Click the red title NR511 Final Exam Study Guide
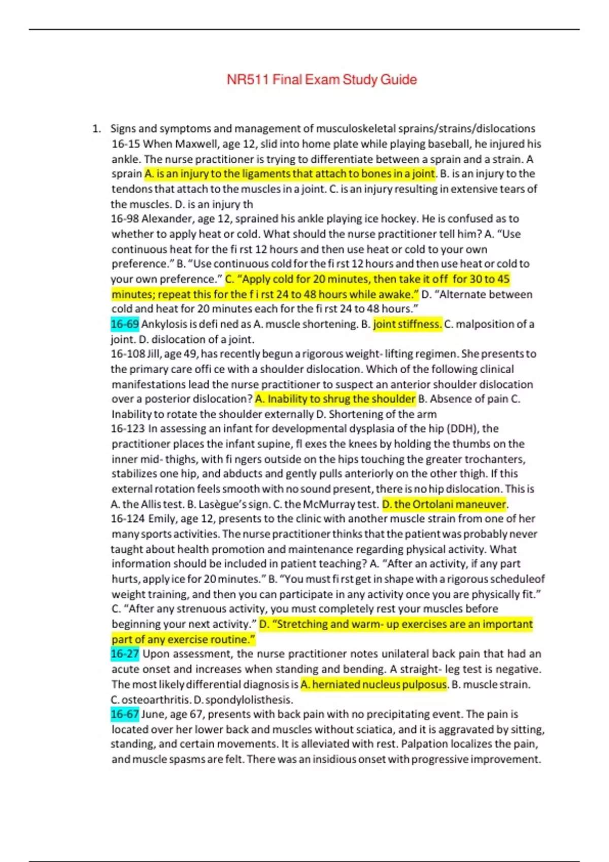(x=322, y=80)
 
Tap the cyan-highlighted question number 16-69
(x=124, y=324)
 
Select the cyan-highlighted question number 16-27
(x=124, y=654)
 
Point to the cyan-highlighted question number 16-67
(x=124, y=714)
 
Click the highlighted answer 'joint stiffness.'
(x=408, y=324)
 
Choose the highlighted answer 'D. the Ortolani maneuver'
(x=444, y=505)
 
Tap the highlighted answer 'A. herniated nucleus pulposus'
(x=374, y=685)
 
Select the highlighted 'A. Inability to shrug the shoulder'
(x=335, y=399)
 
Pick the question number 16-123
(x=127, y=429)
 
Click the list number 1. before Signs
(x=96, y=129)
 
